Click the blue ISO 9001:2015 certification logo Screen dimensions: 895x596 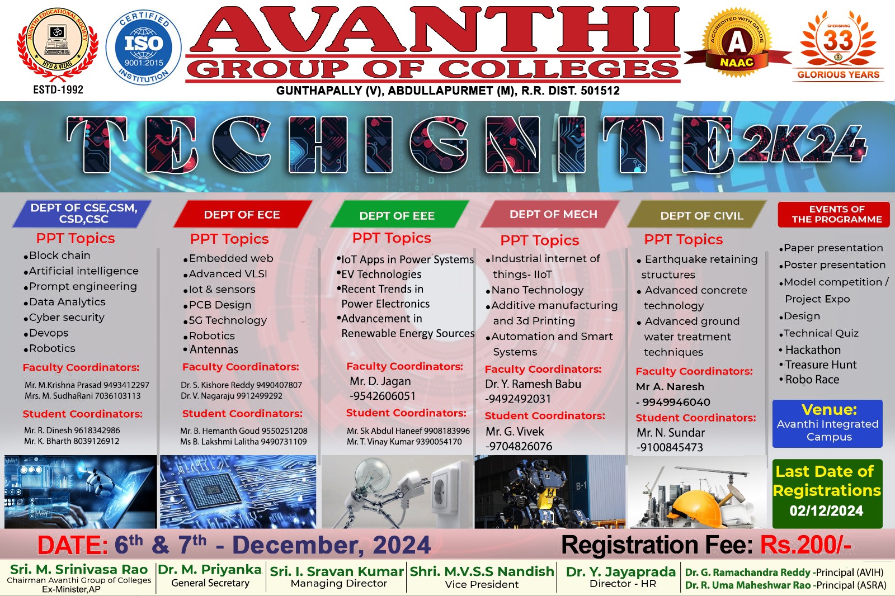click(143, 48)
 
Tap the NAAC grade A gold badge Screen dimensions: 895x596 click(737, 42)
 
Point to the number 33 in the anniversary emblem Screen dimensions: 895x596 click(839, 41)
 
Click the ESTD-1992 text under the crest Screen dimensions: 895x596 click(58, 89)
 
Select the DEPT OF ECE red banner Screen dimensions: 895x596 click(243, 215)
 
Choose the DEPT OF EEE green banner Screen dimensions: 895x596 click(397, 215)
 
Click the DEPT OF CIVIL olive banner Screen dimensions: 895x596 click(698, 215)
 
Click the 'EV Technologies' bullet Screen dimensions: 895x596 click(379, 275)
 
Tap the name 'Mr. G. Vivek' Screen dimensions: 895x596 click(515, 432)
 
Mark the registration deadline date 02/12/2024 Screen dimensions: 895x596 click(826, 511)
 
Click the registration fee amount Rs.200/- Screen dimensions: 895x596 click(805, 545)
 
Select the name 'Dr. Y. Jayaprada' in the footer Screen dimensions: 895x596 click(620, 571)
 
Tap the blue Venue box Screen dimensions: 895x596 click(827, 423)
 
